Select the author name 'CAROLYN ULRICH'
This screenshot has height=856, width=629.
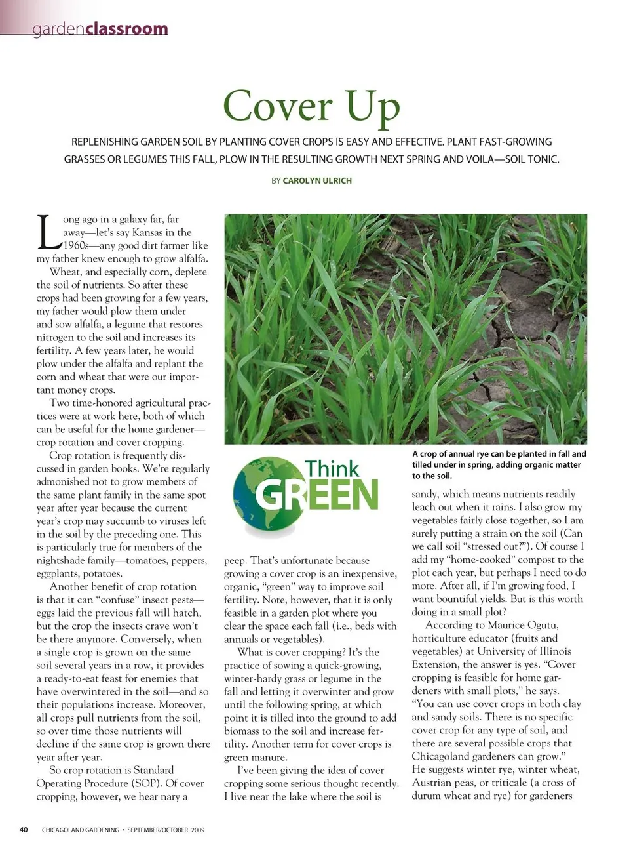317,180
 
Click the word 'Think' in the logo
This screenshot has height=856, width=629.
332,468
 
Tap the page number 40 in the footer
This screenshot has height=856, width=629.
24,830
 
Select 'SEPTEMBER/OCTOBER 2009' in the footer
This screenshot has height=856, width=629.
166,830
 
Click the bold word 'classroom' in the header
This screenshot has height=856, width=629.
126,29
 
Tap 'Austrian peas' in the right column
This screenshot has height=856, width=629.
444,783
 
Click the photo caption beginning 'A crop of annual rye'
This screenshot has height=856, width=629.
499,464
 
